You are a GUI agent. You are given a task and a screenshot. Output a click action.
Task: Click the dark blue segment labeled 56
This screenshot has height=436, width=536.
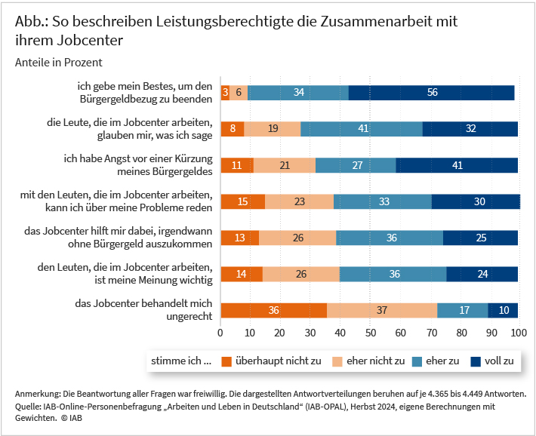(431, 93)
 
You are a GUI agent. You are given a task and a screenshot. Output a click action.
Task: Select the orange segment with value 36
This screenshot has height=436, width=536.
(273, 310)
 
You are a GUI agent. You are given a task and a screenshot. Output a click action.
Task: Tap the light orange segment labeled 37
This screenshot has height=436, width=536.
(382, 310)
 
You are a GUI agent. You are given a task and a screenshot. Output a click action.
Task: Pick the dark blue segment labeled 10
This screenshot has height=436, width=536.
(504, 310)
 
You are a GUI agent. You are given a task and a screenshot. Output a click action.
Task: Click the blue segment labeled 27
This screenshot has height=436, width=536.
(356, 165)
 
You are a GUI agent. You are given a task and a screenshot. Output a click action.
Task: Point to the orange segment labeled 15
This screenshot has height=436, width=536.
(242, 201)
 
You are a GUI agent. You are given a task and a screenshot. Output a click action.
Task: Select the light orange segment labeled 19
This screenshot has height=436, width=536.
(273, 129)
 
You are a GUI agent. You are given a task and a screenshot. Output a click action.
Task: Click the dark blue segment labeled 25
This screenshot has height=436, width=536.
(480, 238)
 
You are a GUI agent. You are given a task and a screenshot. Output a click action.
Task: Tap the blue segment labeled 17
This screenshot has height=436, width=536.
(463, 310)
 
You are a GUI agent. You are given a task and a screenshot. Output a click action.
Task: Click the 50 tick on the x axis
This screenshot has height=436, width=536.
(369, 333)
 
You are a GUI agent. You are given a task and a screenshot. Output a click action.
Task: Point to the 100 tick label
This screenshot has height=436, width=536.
(519, 333)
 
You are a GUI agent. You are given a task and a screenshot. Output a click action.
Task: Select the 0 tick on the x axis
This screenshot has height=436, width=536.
(220, 333)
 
